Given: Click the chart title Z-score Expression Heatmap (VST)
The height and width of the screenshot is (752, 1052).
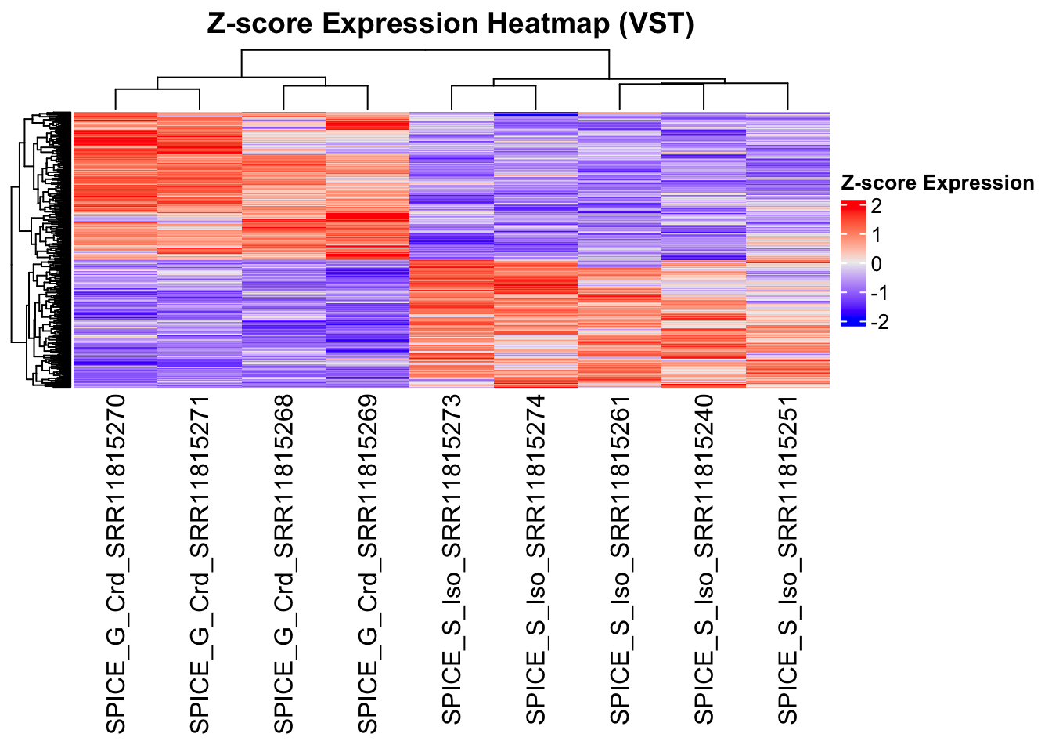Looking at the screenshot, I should point(450,23).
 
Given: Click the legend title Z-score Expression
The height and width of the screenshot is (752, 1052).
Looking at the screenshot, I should point(937,183).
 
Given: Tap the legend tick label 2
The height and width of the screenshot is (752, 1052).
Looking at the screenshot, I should point(876,207).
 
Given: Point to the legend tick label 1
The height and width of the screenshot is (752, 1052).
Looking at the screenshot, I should point(876,235).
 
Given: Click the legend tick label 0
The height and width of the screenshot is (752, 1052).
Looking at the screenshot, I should point(876,264).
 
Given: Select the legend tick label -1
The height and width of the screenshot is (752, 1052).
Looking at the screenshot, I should point(879,293).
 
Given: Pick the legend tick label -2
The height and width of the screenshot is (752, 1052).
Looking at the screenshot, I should point(879,322).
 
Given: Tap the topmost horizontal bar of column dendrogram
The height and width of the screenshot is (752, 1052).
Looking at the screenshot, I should point(425,50).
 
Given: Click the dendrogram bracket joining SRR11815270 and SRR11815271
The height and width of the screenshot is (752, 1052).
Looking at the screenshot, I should point(157,89).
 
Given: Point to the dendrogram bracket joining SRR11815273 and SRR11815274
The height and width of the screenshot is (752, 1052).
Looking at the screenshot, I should point(493,86).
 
